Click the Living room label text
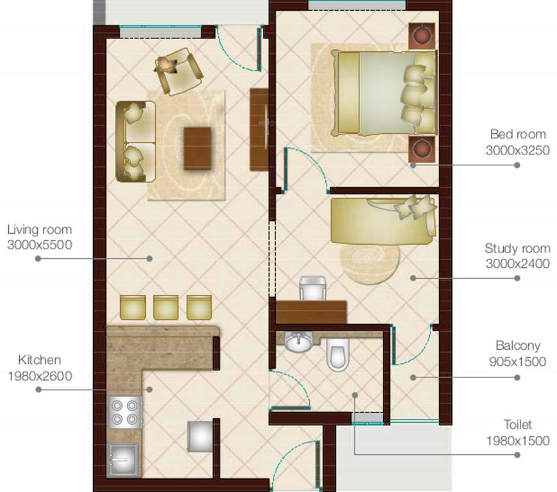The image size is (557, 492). pyautogui.click(x=40, y=229)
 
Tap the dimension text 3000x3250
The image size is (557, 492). pyautogui.click(x=518, y=150)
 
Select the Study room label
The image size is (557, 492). pyautogui.click(x=517, y=249)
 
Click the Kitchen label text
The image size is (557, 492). pyautogui.click(x=40, y=360)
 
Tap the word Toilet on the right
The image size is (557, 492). pyautogui.click(x=518, y=425)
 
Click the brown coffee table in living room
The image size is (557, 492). pyautogui.click(x=198, y=149)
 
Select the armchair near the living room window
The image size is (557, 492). pyautogui.click(x=179, y=70)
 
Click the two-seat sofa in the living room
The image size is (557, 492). pyautogui.click(x=136, y=141)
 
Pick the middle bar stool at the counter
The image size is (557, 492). pyautogui.click(x=166, y=307)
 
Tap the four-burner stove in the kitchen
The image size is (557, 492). pyautogui.click(x=126, y=412)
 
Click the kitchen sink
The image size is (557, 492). pyautogui.click(x=123, y=459)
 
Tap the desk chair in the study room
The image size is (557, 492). pyautogui.click(x=314, y=288)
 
